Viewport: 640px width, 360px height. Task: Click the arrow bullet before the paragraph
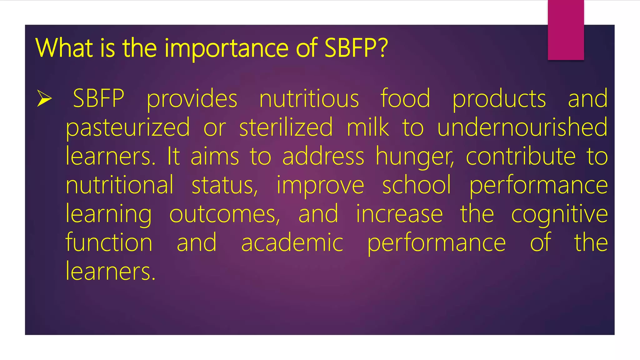(44, 98)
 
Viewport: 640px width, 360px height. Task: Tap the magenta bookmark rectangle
(566, 30)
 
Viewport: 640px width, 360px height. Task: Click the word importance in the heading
(227, 48)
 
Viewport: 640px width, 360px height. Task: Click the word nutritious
(309, 99)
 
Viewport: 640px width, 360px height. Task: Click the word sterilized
(286, 127)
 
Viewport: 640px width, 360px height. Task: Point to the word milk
(368, 127)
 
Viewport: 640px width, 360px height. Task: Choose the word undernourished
(522, 127)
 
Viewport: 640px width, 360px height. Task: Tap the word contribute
(521, 156)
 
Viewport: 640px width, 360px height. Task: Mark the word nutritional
(119, 185)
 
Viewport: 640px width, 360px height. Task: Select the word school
(417, 185)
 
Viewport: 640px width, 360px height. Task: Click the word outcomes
(224, 214)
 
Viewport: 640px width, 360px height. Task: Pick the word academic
(292, 243)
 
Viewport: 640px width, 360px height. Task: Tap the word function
(109, 242)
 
